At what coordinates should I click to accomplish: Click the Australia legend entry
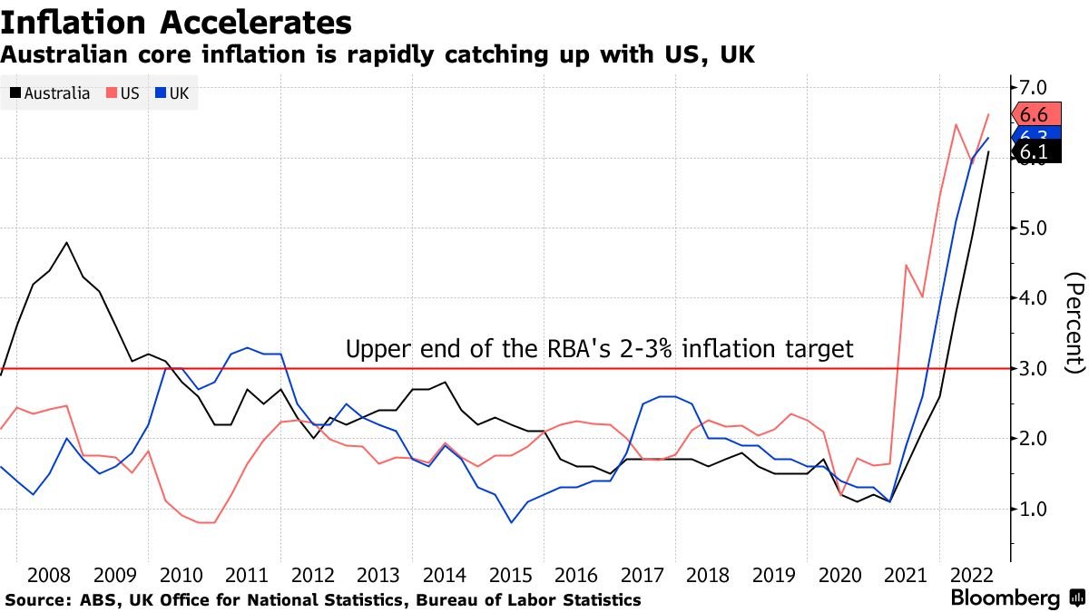51,92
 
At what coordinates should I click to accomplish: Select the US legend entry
123,92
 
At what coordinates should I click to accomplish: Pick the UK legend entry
172,92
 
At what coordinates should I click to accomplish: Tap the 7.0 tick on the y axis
1035,87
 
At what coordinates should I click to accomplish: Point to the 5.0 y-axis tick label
1035,228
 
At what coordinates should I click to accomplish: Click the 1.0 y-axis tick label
1035,509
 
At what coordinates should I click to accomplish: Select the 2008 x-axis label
50,576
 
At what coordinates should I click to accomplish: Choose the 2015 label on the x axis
511,576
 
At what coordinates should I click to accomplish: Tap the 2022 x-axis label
972,576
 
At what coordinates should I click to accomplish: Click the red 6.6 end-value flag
1035,114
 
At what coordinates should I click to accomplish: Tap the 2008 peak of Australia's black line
67,242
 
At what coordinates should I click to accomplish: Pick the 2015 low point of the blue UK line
511,522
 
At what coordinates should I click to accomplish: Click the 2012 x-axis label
313,576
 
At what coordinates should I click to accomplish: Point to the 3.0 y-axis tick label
1035,368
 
